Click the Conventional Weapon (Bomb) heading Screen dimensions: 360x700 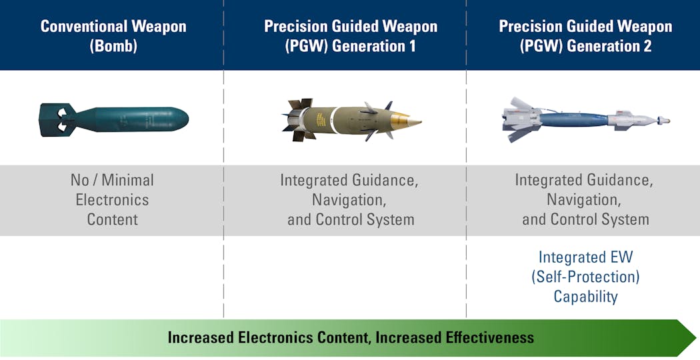pyautogui.click(x=113, y=36)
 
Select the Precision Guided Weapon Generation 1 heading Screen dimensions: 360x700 pyautogui.click(x=351, y=36)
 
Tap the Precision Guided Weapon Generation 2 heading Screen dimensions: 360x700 pyautogui.click(x=585, y=36)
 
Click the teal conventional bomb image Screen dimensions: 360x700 pyautogui.click(x=114, y=120)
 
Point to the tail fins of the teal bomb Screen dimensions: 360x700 pyautogui.click(x=56, y=120)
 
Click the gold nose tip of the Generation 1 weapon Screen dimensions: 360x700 pyautogui.click(x=407, y=121)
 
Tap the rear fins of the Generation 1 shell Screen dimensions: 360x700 pyautogui.click(x=298, y=120)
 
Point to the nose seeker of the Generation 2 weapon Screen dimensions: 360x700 pyautogui.click(x=663, y=121)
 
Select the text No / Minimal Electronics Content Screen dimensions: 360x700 pyautogui.click(x=112, y=199)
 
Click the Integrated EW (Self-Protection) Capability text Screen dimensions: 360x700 pyautogui.click(x=585, y=277)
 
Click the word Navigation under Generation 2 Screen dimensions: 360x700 pyautogui.click(x=585, y=199)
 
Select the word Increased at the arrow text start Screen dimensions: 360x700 pyautogui.click(x=201, y=337)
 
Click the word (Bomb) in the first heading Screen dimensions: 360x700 pyautogui.click(x=113, y=46)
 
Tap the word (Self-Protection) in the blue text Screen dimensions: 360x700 pyautogui.click(x=585, y=277)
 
